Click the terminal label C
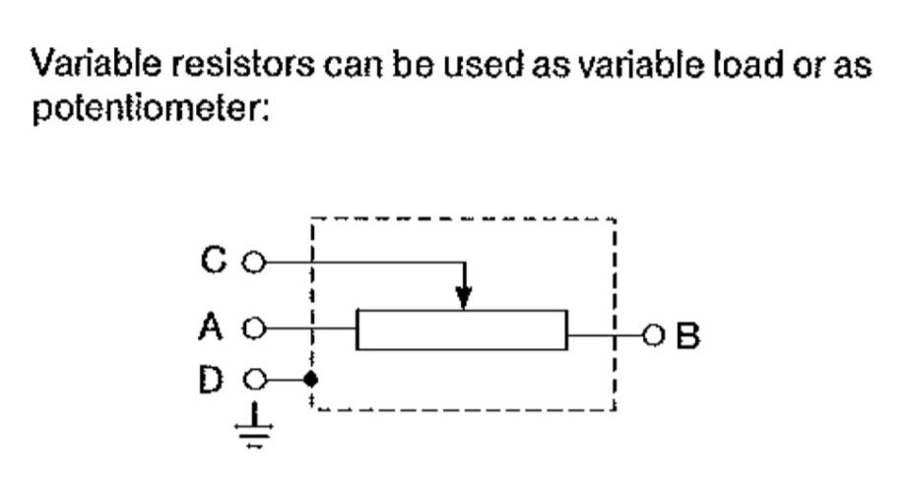(x=214, y=260)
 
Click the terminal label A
(x=211, y=327)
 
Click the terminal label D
(x=211, y=380)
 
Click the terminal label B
(x=688, y=335)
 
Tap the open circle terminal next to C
(x=254, y=263)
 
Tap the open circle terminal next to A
(x=254, y=330)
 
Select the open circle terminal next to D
(x=254, y=380)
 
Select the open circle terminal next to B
(x=654, y=334)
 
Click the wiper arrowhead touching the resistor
(x=464, y=297)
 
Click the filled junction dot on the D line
(x=311, y=380)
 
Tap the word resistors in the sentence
(x=242, y=64)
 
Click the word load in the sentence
(x=747, y=64)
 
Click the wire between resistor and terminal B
(x=606, y=334)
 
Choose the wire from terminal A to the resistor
(x=309, y=330)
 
